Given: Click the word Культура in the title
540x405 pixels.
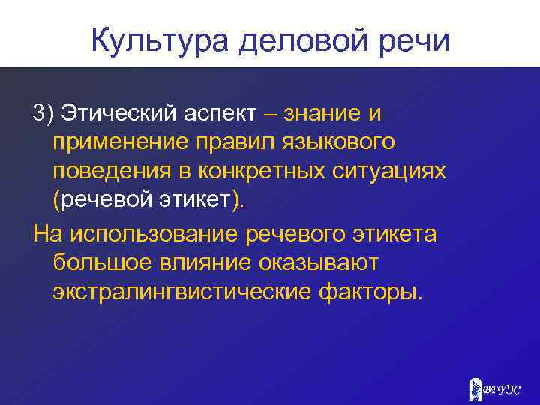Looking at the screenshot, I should tap(159, 40).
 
